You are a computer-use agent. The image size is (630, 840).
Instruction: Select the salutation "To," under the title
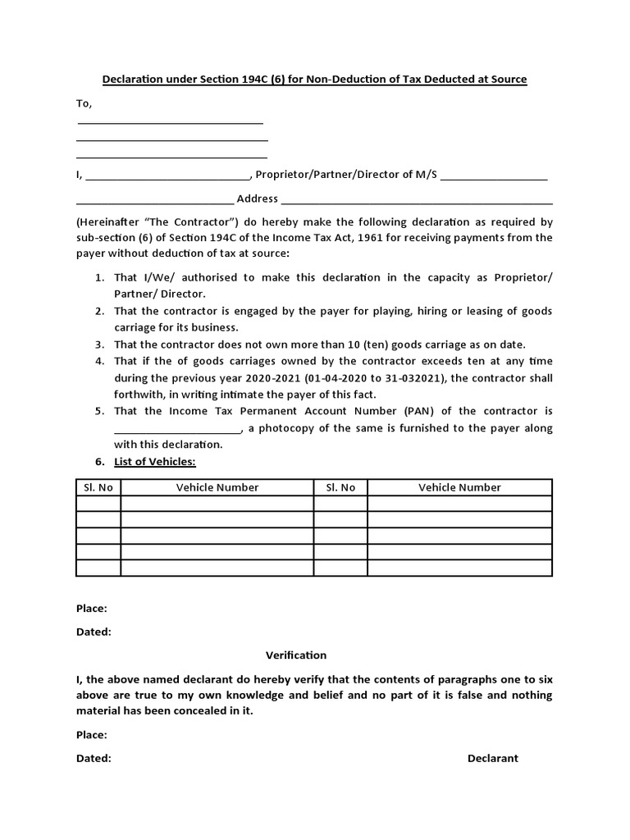[x=84, y=103]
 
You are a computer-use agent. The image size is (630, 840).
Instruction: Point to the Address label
[x=258, y=199]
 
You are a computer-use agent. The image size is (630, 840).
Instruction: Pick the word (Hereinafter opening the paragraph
[x=108, y=222]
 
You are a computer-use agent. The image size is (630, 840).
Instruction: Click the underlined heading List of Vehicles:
[x=155, y=462]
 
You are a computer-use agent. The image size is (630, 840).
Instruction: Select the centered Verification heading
[x=296, y=655]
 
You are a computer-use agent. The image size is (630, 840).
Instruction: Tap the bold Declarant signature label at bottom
[x=493, y=759]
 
